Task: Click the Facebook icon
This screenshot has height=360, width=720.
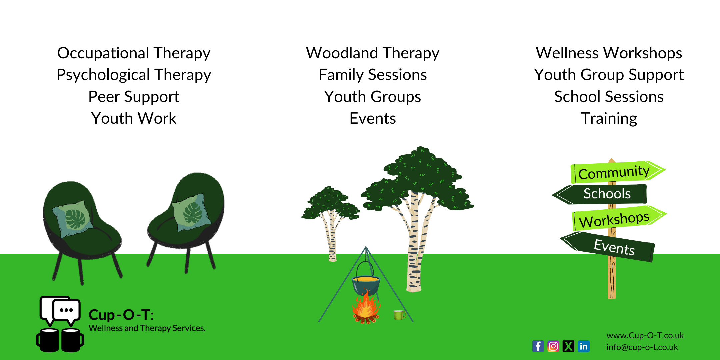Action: pyautogui.click(x=538, y=346)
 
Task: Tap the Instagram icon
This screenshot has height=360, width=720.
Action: pyautogui.click(x=553, y=346)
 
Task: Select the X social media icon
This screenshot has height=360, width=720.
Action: pyautogui.click(x=568, y=346)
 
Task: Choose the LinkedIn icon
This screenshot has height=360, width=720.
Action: pyautogui.click(x=584, y=346)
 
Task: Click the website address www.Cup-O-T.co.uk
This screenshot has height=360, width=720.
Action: pyautogui.click(x=645, y=335)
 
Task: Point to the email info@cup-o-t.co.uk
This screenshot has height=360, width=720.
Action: pyautogui.click(x=642, y=347)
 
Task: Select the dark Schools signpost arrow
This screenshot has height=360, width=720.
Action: pyautogui.click(x=600, y=194)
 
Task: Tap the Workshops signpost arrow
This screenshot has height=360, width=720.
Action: pyautogui.click(x=619, y=218)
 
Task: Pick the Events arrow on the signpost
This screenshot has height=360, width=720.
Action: pyautogui.click(x=608, y=246)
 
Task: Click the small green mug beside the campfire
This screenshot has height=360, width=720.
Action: pyautogui.click(x=399, y=315)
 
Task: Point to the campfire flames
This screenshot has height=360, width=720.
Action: pyautogui.click(x=366, y=307)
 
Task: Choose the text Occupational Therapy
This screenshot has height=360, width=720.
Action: pyautogui.click(x=134, y=53)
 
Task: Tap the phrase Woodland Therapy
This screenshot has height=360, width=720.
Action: pyautogui.click(x=373, y=53)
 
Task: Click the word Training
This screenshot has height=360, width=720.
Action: pyautogui.click(x=609, y=119)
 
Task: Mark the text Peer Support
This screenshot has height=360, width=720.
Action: pyautogui.click(x=134, y=97)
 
